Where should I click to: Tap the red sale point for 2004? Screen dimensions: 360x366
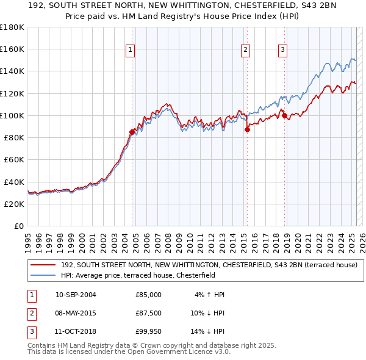click(132, 131)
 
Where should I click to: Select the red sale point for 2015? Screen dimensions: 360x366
click(247, 129)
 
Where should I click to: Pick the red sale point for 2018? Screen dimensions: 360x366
click(284, 115)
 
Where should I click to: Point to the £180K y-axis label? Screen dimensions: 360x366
click(12, 27)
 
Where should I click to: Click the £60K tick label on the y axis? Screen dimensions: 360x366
click(13, 159)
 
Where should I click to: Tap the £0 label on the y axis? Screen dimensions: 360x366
click(19, 226)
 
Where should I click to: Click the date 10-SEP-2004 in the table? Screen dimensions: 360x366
click(76, 295)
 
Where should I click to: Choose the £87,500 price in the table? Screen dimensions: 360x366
click(148, 314)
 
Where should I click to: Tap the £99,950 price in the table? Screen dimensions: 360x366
click(148, 333)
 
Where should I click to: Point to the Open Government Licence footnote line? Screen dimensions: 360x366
click(129, 351)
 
